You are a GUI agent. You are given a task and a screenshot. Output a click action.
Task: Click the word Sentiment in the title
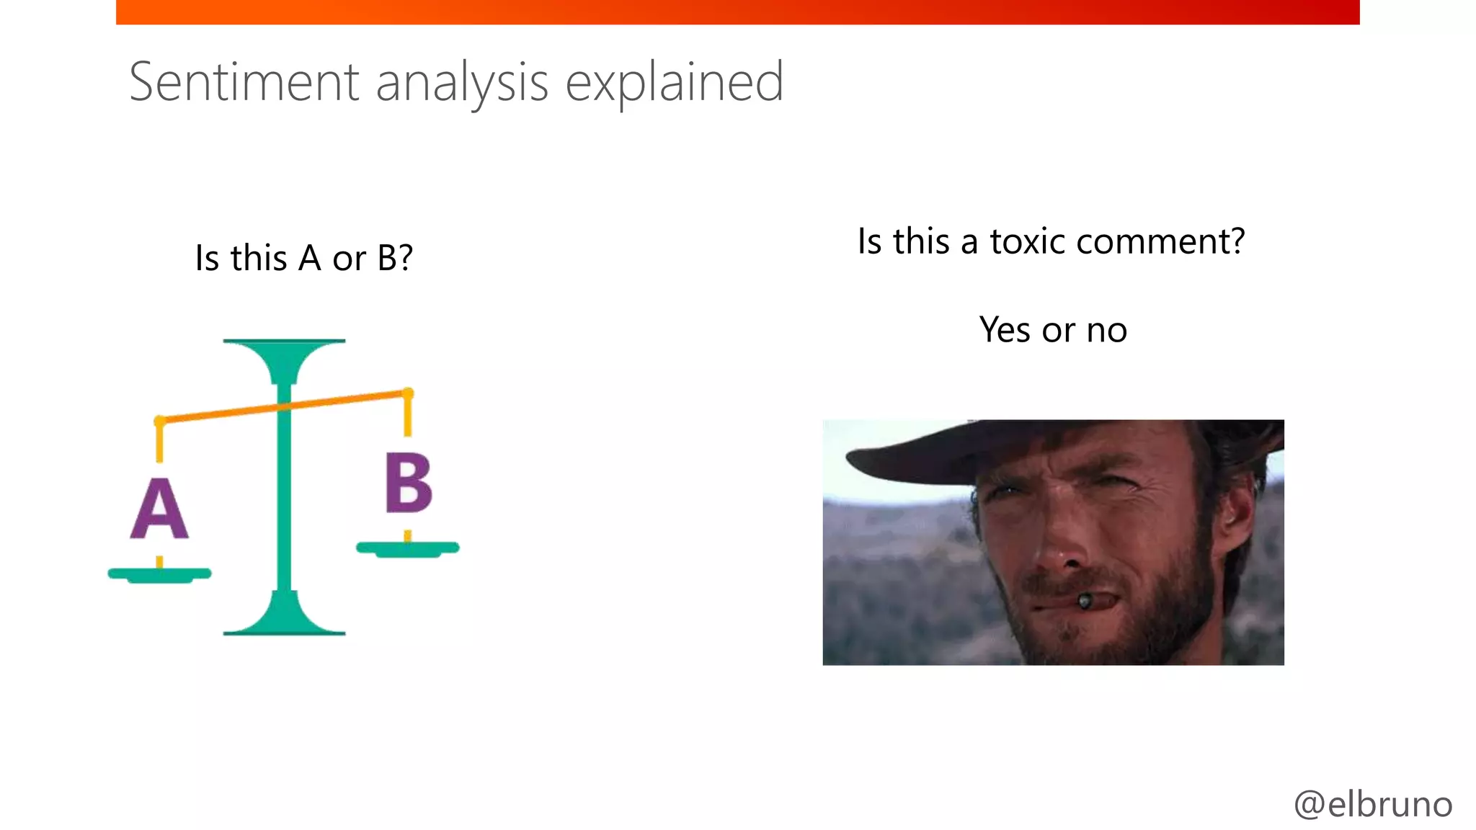tap(244, 82)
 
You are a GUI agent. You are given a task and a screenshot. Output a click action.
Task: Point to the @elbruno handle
tap(1373, 804)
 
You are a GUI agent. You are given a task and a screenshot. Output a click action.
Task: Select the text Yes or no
tap(1053, 330)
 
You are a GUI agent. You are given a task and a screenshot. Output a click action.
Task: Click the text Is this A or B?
tap(303, 258)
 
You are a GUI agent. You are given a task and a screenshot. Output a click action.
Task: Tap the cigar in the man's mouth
tap(1085, 600)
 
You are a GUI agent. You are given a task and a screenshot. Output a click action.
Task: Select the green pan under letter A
tap(159, 575)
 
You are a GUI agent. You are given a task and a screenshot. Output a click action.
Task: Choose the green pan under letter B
tap(408, 549)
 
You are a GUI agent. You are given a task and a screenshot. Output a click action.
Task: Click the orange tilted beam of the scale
tap(216, 413)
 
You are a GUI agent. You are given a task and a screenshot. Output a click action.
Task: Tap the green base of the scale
tap(284, 620)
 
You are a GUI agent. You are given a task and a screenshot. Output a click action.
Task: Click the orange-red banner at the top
tap(737, 12)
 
